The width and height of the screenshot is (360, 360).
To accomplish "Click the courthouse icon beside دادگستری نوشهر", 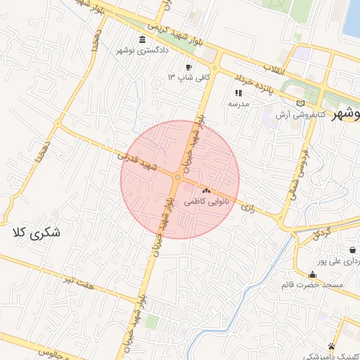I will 143,39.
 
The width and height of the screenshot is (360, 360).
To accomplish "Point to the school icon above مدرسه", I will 239,92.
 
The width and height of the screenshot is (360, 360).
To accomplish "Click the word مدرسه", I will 239,103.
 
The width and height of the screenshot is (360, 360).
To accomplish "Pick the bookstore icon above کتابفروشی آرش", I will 302,103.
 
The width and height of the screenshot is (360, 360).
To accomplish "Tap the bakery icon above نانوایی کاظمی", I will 206,191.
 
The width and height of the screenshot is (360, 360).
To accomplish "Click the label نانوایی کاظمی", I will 205,201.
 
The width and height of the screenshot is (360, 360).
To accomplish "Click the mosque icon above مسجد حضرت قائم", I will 312,274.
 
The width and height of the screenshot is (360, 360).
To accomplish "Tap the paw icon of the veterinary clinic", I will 331,346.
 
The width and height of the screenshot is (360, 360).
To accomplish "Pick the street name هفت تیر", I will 78,283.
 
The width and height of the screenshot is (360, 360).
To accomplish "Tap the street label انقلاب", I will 269,68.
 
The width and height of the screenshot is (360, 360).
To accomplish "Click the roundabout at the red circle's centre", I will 179,179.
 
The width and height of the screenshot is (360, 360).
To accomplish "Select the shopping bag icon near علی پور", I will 352,250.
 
